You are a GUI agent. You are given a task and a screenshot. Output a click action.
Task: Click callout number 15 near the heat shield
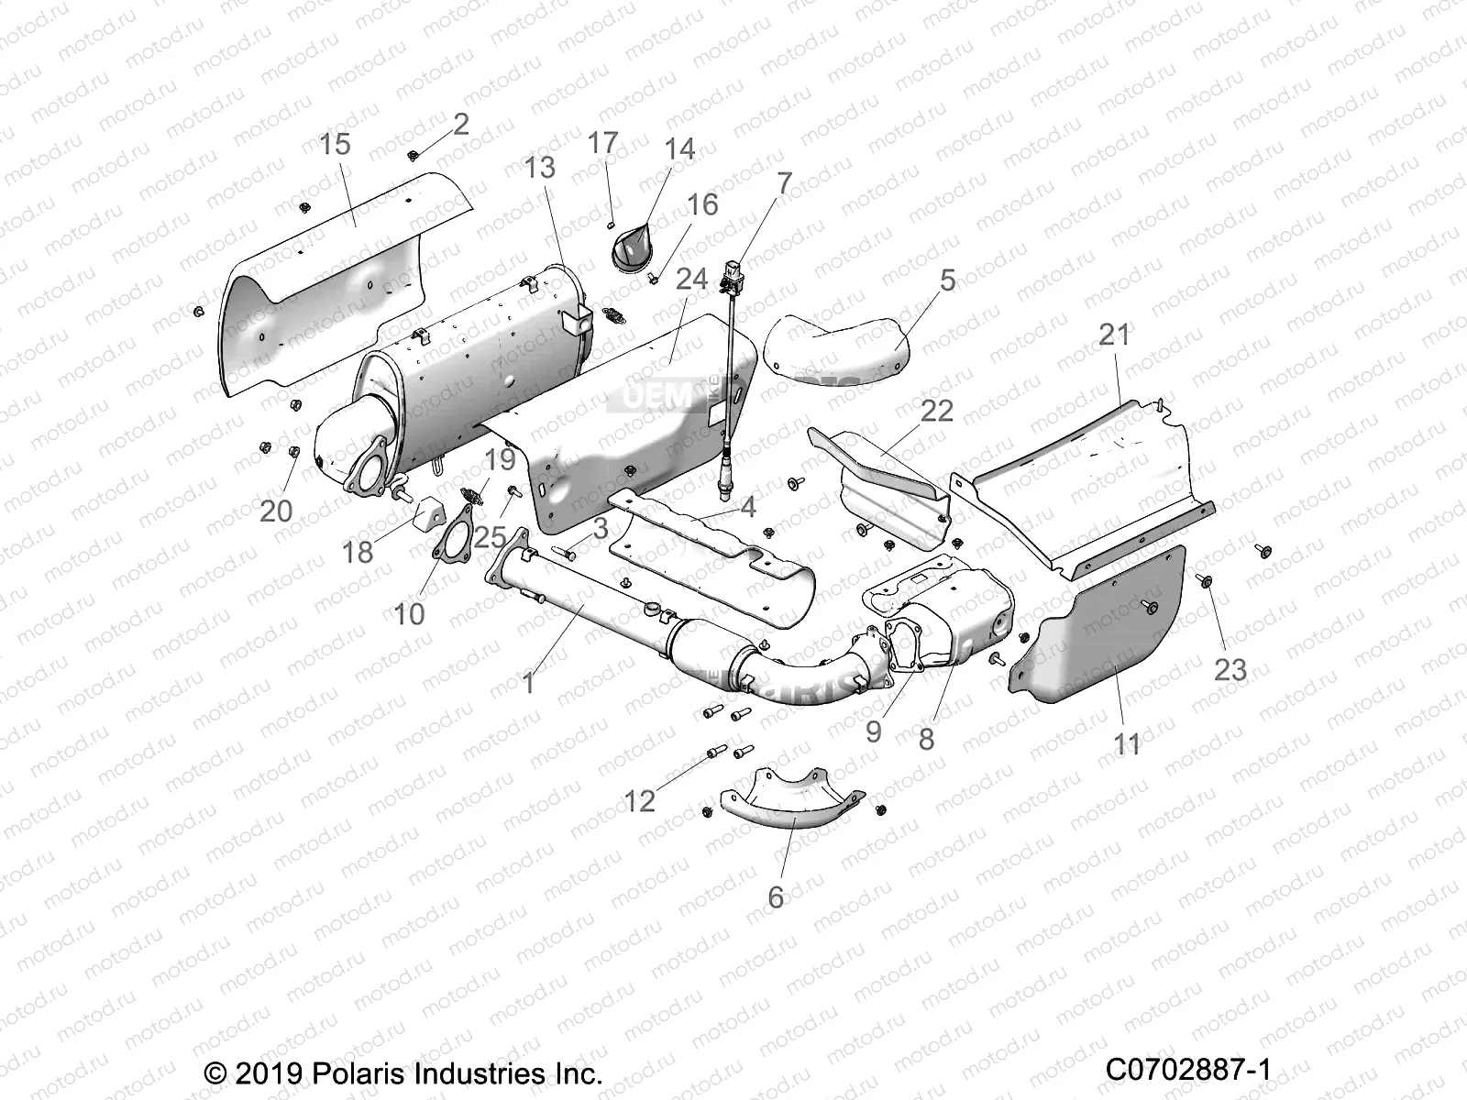tap(336, 144)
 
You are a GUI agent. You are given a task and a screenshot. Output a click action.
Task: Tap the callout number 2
tap(461, 124)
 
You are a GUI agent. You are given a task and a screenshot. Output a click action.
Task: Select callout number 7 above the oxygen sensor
tap(783, 183)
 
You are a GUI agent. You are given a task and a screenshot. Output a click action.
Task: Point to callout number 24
tap(692, 279)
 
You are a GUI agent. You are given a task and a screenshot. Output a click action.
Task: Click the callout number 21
tap(1115, 335)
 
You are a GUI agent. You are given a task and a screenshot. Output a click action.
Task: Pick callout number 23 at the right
tap(1230, 669)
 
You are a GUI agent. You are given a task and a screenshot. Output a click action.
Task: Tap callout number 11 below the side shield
tap(1127, 743)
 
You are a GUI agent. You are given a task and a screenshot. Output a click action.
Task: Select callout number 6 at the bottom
tap(776, 896)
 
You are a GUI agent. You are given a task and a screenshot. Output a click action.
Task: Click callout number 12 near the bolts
tap(640, 800)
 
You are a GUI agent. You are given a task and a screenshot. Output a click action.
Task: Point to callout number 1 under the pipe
tap(528, 682)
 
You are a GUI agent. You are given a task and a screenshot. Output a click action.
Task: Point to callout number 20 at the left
tap(275, 511)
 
